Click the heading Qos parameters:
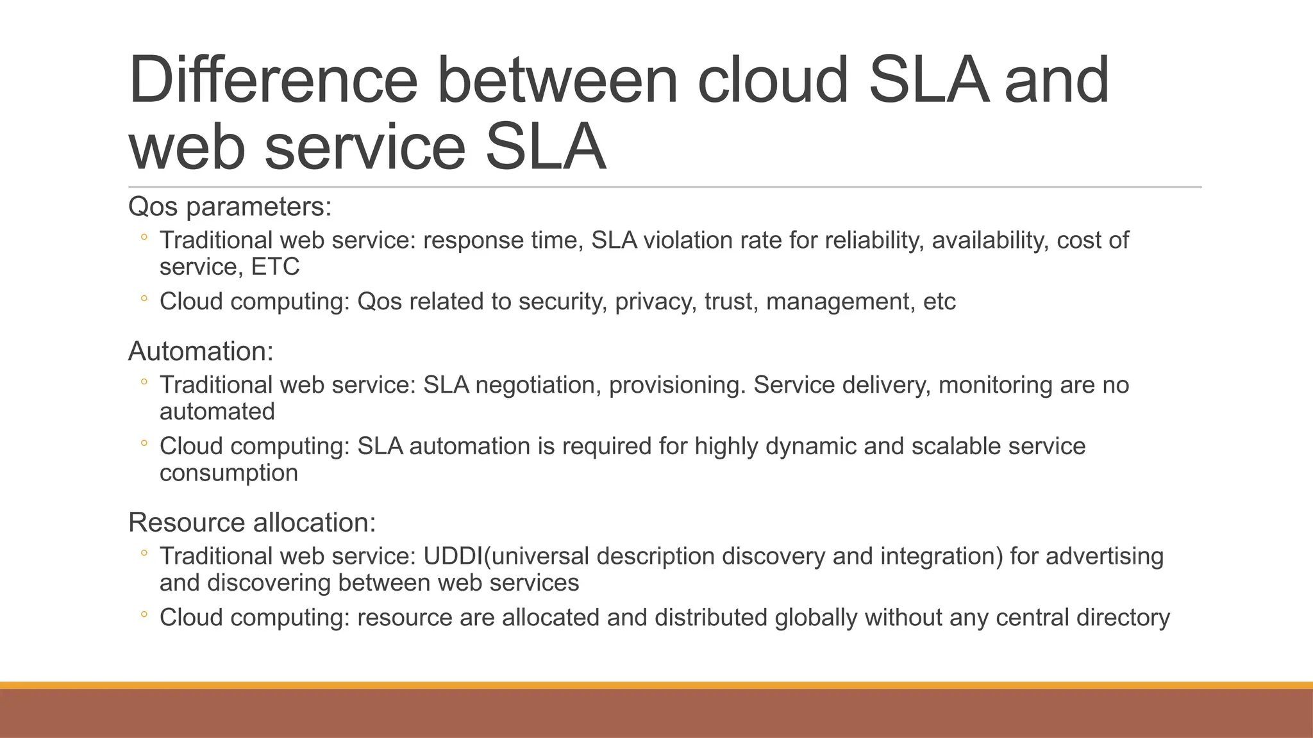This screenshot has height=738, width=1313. (x=230, y=207)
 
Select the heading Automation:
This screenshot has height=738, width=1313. (x=201, y=352)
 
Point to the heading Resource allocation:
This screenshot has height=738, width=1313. (x=252, y=523)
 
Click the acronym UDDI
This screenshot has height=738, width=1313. (x=453, y=556)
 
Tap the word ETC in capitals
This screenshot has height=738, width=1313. (x=275, y=267)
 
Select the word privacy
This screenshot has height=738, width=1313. (x=655, y=302)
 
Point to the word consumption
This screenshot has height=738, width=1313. (x=229, y=473)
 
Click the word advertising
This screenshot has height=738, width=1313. (x=1104, y=556)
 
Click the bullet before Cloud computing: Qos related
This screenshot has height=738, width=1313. (x=144, y=299)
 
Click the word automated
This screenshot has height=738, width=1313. (x=217, y=412)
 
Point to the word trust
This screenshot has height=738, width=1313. (x=731, y=302)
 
